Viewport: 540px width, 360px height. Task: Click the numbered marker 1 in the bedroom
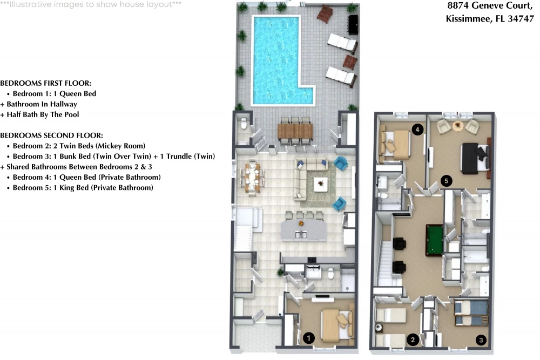click(308, 338)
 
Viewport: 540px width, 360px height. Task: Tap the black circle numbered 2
click(413, 339)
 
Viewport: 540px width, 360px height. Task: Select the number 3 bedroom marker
click(481, 340)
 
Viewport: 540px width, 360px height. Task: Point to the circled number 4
click(417, 130)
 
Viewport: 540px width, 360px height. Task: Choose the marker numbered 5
click(447, 181)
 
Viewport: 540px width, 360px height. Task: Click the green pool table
click(435, 240)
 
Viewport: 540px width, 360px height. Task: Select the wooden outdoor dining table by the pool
click(295, 131)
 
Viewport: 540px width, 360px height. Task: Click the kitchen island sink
click(301, 235)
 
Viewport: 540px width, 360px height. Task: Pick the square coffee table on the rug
click(321, 184)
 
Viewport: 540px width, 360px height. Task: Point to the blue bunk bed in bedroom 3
click(471, 313)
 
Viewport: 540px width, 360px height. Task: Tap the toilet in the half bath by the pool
click(244, 123)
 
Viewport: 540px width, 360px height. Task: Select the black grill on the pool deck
click(353, 24)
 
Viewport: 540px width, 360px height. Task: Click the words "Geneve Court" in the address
click(502, 5)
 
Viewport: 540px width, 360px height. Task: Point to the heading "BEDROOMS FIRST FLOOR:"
click(45, 83)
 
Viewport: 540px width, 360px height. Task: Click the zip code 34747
click(521, 18)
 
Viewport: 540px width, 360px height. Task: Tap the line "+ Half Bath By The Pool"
click(39, 114)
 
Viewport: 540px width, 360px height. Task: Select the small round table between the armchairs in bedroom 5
click(458, 126)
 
